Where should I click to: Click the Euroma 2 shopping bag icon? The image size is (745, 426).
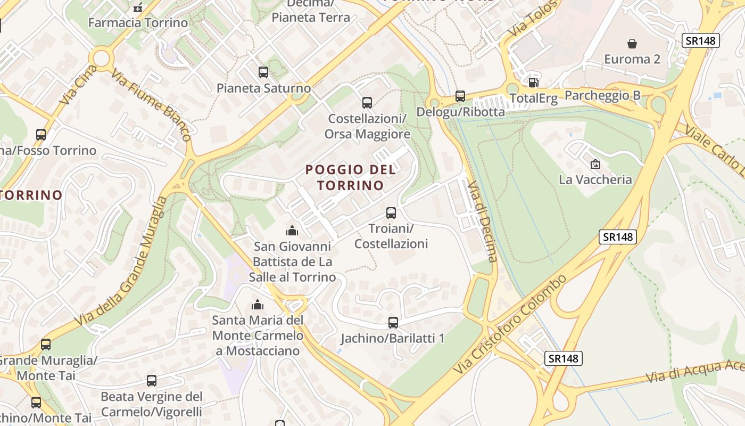coord(632,43)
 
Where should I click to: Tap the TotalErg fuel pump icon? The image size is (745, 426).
coord(533,83)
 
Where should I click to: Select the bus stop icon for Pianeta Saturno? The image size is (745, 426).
coord(263,72)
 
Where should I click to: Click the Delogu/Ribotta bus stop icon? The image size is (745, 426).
coord(460,96)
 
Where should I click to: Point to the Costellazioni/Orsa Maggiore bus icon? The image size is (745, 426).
coord(367,102)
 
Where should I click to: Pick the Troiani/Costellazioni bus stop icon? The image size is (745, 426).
coord(391,213)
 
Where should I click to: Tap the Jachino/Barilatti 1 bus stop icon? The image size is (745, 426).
coord(393,322)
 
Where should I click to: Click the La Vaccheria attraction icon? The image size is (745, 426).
coord(595,164)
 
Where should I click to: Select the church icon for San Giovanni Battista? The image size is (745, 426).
coord(292,231)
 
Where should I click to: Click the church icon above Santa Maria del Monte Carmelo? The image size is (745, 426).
coord(258,305)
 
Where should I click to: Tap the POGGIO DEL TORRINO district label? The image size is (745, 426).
coord(351,177)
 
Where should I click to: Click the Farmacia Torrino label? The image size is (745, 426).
coord(138,23)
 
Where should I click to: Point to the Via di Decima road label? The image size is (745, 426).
coord(482,221)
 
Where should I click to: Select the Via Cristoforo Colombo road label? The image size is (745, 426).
coord(510,324)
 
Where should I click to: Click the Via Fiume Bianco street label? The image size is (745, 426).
coord(151,104)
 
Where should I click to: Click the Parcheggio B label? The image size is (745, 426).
coord(602,95)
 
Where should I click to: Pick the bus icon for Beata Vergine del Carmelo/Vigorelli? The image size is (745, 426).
coord(152,381)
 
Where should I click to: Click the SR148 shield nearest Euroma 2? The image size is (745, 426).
coord(701,40)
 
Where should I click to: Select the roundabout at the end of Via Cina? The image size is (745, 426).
coord(101,58)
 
